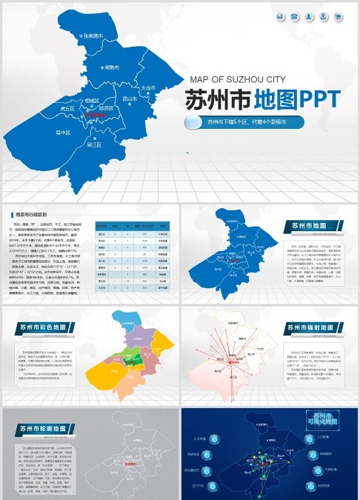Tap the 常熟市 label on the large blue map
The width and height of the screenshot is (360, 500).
112,67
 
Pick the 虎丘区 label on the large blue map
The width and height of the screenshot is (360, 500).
68,108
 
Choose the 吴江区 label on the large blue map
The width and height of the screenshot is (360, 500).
94,145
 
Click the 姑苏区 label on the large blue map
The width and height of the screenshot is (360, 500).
106,109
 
